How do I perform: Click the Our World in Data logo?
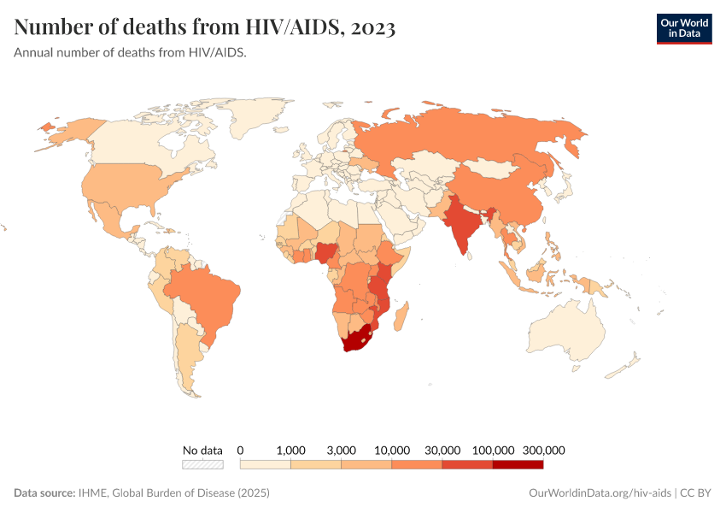683,28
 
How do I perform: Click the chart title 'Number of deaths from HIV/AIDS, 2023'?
205,28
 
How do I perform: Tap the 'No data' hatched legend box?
202,464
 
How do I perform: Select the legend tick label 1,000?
291,450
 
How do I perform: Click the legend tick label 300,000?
543,450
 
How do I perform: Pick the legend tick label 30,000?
442,450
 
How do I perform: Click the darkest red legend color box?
518,464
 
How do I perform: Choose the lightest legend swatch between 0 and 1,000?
266,464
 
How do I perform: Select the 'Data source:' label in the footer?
44,493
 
